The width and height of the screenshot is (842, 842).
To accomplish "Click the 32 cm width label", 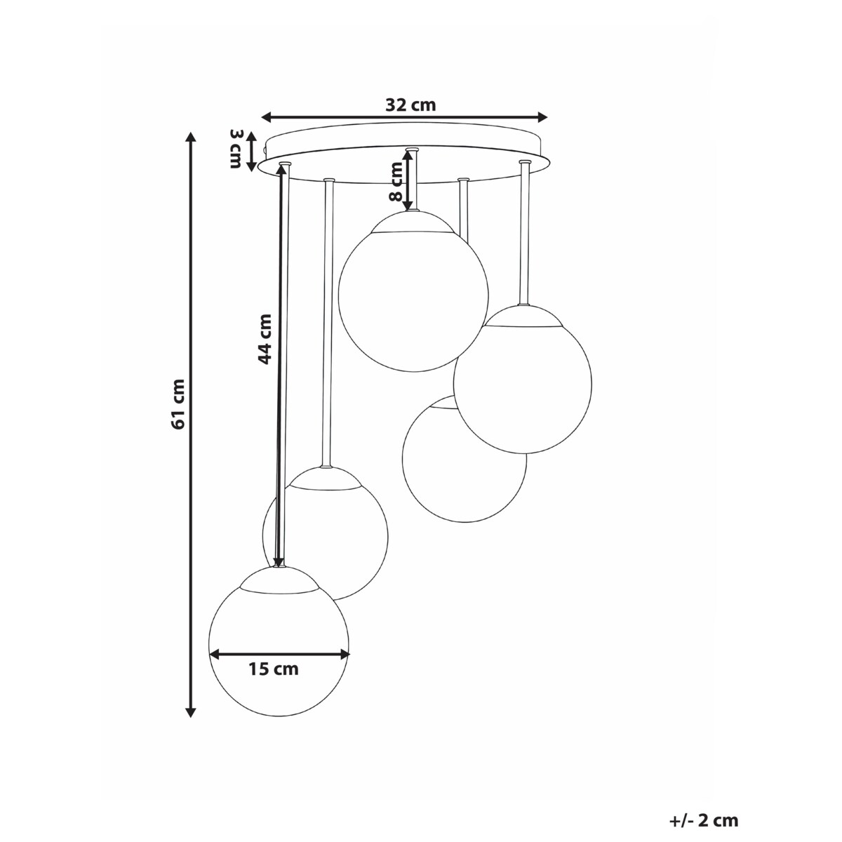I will (410, 105).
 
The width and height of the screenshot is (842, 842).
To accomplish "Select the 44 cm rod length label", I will (264, 338).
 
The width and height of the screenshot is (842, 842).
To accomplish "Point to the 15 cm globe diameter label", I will (274, 669).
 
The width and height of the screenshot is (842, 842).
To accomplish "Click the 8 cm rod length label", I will (396, 181).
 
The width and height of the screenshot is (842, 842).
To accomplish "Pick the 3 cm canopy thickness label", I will (236, 149).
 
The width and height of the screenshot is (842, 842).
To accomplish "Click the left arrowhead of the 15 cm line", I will (215, 654).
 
